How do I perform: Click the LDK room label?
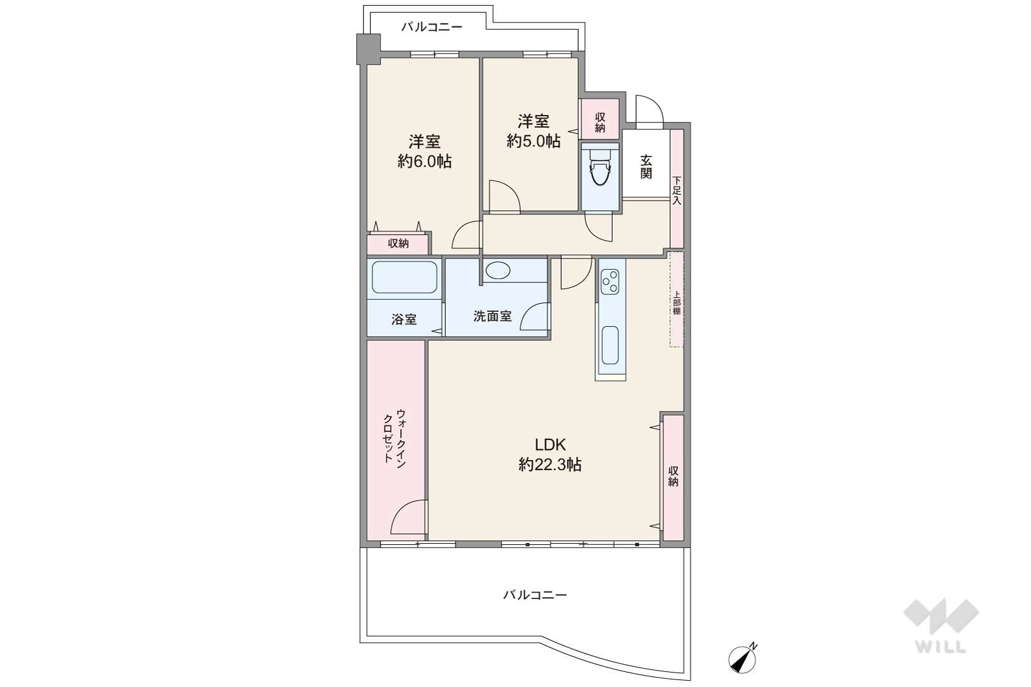[x=550, y=444]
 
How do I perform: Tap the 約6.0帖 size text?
[x=425, y=161]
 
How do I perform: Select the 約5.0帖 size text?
[x=533, y=141]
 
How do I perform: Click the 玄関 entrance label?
[x=646, y=167]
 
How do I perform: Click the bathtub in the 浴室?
[x=404, y=277]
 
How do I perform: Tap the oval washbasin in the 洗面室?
[x=498, y=270]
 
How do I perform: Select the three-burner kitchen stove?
[x=610, y=282]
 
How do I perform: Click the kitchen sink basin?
[x=610, y=345]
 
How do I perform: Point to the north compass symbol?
[x=743, y=660]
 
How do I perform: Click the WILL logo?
[x=941, y=625]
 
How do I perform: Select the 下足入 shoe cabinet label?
[x=676, y=190]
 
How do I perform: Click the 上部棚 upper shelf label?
[x=677, y=303]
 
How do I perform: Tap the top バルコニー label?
[x=432, y=27]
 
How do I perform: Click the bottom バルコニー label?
[x=535, y=595]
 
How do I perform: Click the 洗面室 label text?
[x=493, y=316]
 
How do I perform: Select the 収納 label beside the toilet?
[x=599, y=123]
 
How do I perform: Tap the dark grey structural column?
[x=368, y=48]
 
